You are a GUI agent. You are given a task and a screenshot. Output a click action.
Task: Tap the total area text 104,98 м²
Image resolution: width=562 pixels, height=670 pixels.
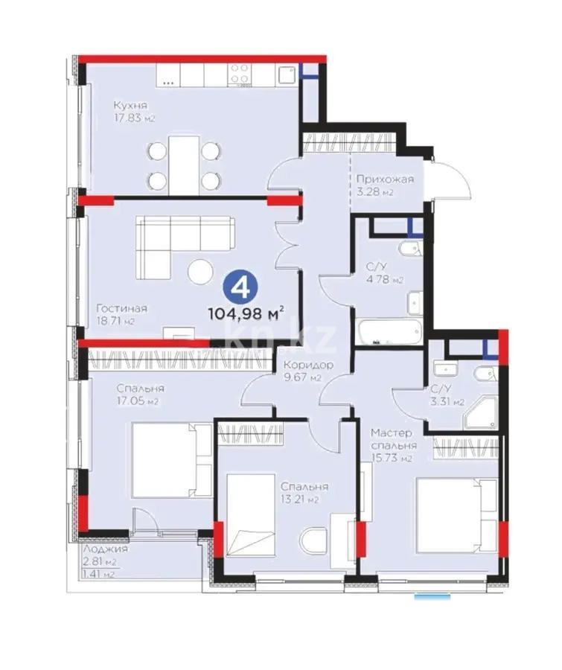tap(254, 313)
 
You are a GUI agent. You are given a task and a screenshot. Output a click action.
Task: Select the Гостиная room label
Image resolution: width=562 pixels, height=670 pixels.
tap(121, 308)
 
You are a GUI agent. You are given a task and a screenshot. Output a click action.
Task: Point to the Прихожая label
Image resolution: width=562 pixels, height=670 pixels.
tap(384, 179)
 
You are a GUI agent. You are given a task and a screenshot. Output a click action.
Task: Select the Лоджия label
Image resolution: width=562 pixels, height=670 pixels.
tap(105, 548)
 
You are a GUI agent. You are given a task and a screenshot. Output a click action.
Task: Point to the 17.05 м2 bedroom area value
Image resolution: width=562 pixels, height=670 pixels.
tap(139, 401)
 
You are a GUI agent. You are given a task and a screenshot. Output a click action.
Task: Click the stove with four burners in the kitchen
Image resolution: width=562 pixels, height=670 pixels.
tap(240, 73)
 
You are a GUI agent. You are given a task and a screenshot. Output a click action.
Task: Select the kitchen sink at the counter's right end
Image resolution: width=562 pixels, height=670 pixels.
tap(286, 73)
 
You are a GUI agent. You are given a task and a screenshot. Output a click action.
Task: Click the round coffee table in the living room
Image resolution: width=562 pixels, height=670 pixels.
tap(200, 272)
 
